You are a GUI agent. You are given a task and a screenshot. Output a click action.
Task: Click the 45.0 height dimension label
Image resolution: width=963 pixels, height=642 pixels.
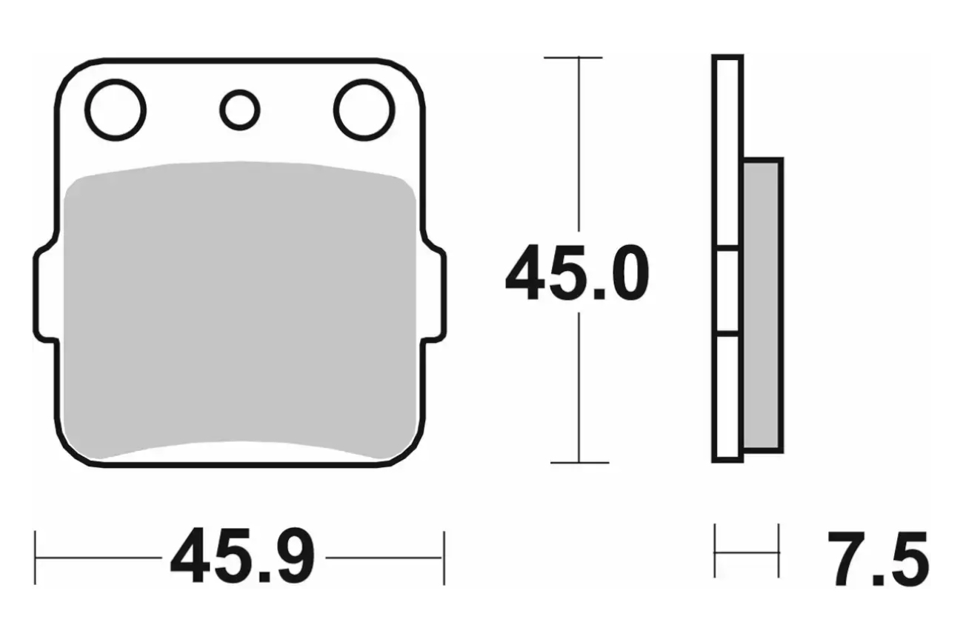577,272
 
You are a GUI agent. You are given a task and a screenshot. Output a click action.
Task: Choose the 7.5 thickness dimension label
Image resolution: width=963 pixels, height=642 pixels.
879,558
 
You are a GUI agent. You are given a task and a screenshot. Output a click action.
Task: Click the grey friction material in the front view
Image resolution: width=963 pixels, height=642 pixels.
239,310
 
